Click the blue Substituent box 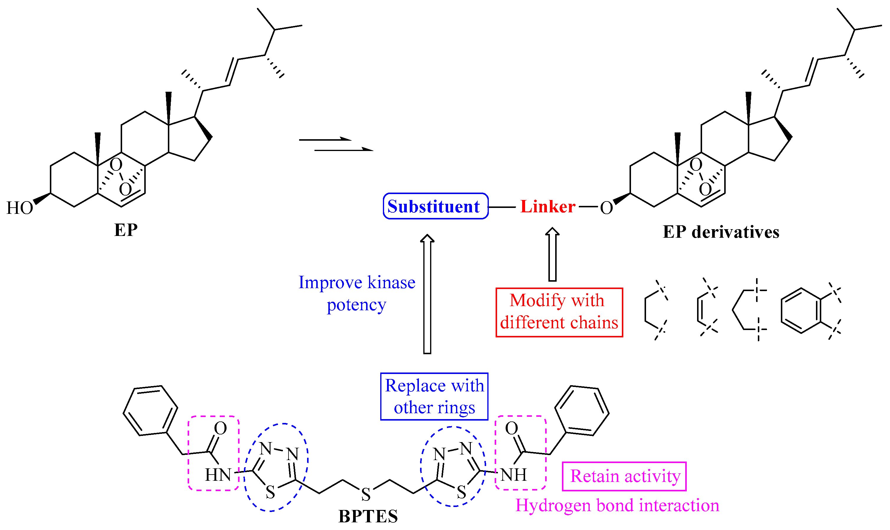tap(435, 206)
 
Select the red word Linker tap(547, 207)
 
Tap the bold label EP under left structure tap(126, 230)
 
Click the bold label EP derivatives tap(721, 232)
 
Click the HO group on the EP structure tap(20, 208)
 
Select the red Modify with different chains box tap(559, 312)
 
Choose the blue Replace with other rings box tap(434, 397)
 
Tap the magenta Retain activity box tap(624, 476)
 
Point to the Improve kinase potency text tap(356, 293)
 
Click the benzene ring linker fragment tap(801, 310)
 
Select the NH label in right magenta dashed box tap(514, 475)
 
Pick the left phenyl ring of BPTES tap(150, 411)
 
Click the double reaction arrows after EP tap(336, 145)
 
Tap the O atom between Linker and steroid tap(606, 208)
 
